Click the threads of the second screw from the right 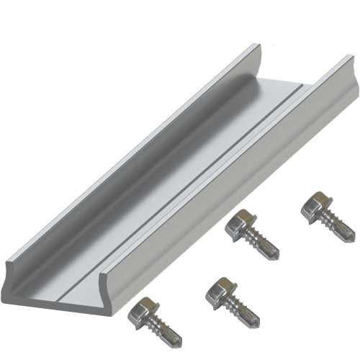(x=261, y=244)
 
